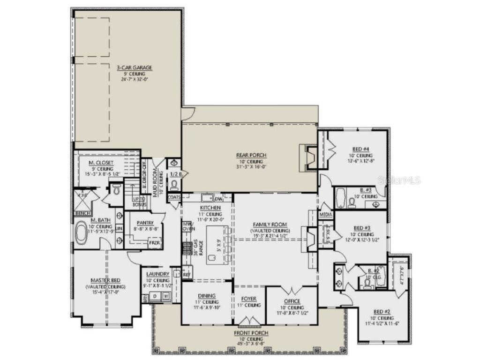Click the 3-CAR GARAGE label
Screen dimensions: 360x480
[x=127, y=67]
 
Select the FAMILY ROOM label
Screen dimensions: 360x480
[x=270, y=225]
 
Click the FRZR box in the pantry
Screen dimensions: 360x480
[x=155, y=244]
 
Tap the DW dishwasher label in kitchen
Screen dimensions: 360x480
[x=218, y=199]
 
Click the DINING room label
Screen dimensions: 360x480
[x=207, y=296]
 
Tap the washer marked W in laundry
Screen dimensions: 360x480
[x=165, y=296]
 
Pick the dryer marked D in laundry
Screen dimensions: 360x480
[x=155, y=296]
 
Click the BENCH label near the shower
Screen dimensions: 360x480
[x=82, y=214]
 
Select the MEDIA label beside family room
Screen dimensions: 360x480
[x=325, y=214]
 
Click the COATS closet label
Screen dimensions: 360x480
[x=174, y=197]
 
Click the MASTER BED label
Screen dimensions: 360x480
[x=106, y=280]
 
